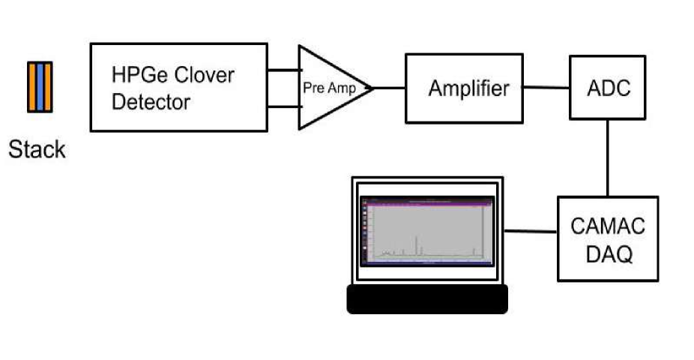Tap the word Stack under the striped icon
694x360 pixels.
tap(37, 149)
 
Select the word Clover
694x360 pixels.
tap(206, 76)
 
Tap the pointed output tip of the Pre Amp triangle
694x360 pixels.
tap(372, 88)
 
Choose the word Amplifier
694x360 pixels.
tap(468, 88)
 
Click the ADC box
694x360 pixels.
tap(609, 88)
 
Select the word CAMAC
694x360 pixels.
tap(608, 226)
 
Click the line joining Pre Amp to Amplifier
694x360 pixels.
tap(389, 88)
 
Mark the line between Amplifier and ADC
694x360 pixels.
tap(546, 88)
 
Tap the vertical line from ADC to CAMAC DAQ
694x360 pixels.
tap(608, 157)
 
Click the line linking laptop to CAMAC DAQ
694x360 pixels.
tap(531, 231)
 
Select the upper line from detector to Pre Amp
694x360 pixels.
tap(283, 71)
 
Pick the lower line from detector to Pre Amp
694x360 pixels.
tap(283, 106)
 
